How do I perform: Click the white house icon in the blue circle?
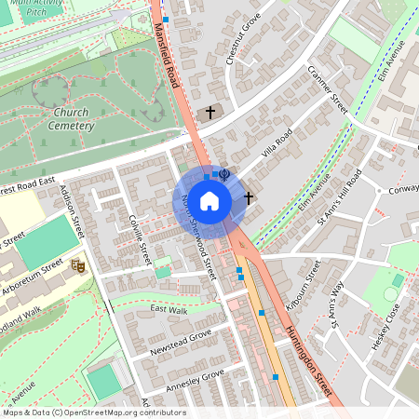(x=209, y=200)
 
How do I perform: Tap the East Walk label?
(x=169, y=309)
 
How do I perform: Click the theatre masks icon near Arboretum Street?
(x=79, y=266)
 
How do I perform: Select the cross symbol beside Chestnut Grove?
(x=210, y=112)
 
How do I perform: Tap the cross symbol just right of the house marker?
(x=248, y=197)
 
